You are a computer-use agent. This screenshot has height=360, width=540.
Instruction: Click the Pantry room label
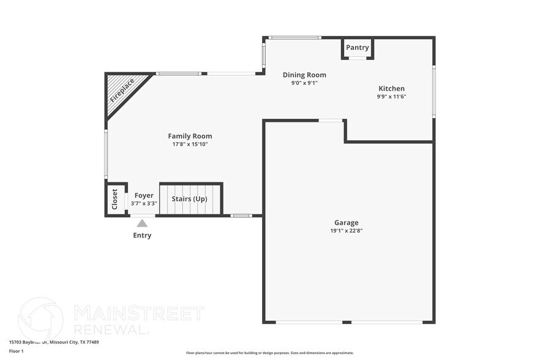click(x=358, y=48)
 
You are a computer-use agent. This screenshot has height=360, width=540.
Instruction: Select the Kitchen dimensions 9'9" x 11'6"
click(x=391, y=97)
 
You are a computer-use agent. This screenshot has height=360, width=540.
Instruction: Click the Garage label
click(x=346, y=223)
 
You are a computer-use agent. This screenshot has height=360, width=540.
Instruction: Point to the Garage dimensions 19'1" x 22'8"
click(x=346, y=231)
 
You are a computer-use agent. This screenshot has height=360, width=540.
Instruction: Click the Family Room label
click(x=190, y=136)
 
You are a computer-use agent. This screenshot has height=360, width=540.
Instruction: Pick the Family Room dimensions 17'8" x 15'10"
click(x=190, y=144)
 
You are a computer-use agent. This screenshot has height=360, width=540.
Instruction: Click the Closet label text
click(x=114, y=199)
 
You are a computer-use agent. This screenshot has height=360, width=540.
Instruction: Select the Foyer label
click(x=144, y=196)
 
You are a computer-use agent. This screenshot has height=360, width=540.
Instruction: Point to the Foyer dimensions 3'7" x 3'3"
click(x=144, y=203)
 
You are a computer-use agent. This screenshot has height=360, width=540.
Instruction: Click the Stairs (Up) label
click(x=189, y=199)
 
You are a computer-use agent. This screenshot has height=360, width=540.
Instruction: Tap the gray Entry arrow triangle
click(x=142, y=223)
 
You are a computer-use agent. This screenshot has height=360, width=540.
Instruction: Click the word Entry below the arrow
click(x=142, y=236)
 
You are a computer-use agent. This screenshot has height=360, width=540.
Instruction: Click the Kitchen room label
click(x=391, y=89)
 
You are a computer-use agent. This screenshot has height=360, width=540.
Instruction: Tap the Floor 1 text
click(x=16, y=351)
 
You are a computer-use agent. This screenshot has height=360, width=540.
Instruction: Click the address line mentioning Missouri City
click(x=54, y=342)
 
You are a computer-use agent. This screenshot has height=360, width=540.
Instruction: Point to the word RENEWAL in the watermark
click(x=111, y=329)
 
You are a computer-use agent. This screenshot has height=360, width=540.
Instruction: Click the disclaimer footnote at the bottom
click(x=269, y=353)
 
